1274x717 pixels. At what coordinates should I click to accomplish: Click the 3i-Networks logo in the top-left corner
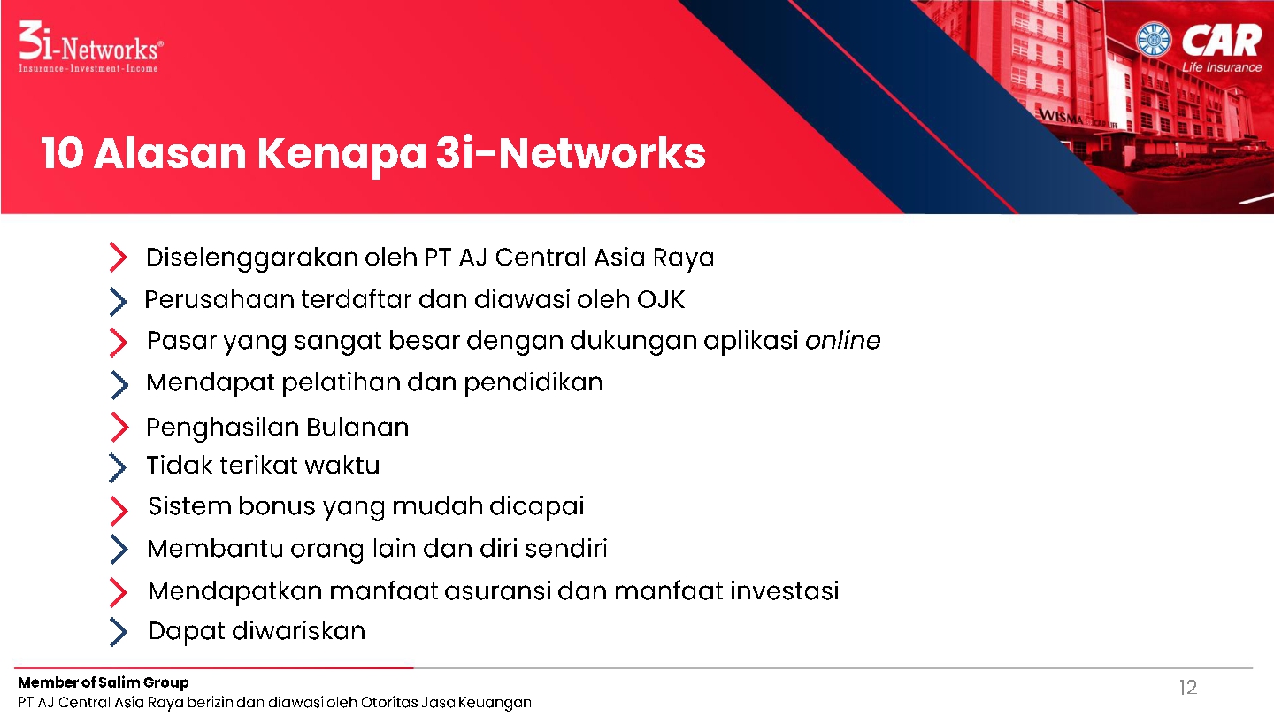point(91,47)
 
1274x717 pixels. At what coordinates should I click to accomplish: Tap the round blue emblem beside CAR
point(1154,39)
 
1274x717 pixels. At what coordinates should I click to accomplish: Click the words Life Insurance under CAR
point(1222,67)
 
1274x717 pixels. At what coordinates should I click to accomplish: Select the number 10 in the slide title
point(63,153)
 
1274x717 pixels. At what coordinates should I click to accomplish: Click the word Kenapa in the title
point(342,155)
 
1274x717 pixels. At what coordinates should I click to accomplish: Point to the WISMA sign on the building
point(1062,117)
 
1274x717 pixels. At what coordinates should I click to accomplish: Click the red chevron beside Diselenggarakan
point(119,258)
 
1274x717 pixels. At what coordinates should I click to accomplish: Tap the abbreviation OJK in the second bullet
point(661,300)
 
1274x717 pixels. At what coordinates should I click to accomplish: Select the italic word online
point(843,340)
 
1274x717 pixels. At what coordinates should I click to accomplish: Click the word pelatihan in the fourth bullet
point(341,383)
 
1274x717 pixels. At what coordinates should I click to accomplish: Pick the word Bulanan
point(357,428)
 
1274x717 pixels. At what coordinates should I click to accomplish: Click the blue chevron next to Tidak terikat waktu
point(118,467)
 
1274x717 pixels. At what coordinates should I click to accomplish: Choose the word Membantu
point(215,549)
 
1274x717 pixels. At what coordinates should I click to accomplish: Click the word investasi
point(785,590)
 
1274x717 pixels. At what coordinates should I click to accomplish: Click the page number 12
point(1188,688)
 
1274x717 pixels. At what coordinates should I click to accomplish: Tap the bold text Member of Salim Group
point(103,682)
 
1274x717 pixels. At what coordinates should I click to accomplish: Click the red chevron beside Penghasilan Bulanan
point(119,427)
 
